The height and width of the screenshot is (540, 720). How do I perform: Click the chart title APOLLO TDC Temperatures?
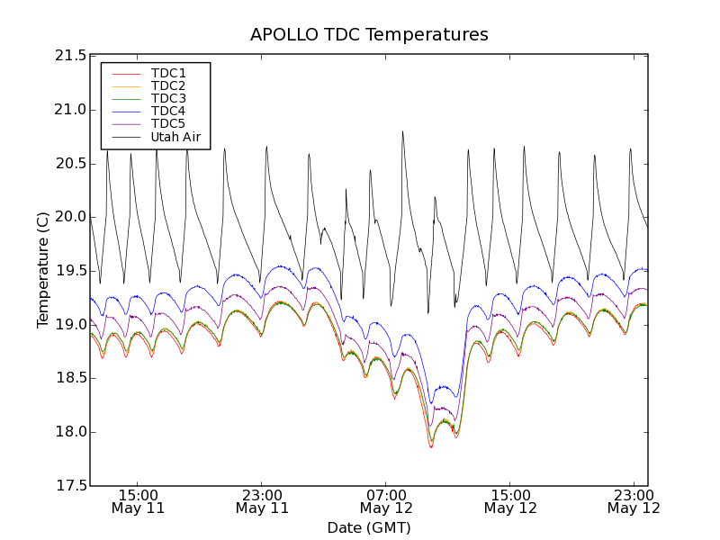tap(369, 35)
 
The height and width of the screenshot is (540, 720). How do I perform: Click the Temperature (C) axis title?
tap(43, 270)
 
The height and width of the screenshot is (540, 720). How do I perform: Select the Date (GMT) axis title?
tap(369, 527)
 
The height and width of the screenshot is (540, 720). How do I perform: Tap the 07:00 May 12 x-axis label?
tap(386, 501)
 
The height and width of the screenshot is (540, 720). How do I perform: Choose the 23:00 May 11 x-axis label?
tap(262, 501)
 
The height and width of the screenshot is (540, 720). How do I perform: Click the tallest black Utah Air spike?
tap(402, 131)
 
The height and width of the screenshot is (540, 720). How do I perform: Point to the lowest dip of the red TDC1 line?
tap(431, 447)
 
